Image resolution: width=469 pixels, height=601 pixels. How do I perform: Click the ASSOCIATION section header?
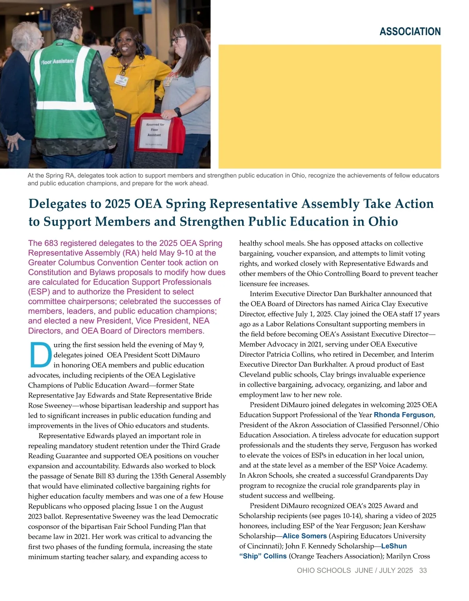(410, 32)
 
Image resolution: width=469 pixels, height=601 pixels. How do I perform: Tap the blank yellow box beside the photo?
(329, 106)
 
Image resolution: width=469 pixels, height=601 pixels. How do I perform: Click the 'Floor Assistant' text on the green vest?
(57, 61)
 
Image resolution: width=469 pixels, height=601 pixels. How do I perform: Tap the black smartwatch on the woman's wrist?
(177, 112)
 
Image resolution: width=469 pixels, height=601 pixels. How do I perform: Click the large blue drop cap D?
(40, 355)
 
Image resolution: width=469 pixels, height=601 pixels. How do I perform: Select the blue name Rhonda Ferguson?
(404, 415)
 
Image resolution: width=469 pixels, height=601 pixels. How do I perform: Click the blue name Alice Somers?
(304, 536)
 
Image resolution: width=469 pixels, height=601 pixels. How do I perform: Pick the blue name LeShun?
(394, 546)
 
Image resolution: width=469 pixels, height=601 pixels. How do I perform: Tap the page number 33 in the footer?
(423, 571)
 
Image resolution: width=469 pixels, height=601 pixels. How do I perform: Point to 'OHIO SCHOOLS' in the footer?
(324, 571)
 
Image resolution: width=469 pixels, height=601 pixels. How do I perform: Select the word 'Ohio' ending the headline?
(383, 222)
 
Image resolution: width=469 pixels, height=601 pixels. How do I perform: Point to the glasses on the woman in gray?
(178, 39)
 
